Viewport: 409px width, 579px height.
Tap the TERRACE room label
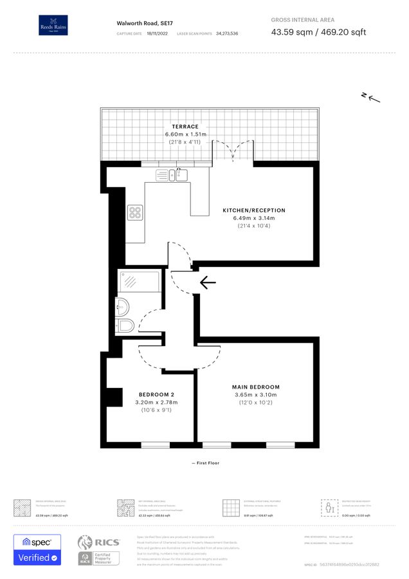click(x=185, y=127)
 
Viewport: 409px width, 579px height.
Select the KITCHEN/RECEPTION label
click(x=254, y=210)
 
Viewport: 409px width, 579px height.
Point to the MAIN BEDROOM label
click(x=256, y=387)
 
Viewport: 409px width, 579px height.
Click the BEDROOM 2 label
click(x=157, y=394)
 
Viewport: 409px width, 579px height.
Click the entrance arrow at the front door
click(x=208, y=282)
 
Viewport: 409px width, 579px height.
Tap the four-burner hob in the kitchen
click(x=135, y=213)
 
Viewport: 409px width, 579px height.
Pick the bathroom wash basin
click(x=123, y=306)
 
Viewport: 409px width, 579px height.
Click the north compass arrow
click(x=371, y=98)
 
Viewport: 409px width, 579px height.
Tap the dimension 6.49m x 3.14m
click(x=254, y=218)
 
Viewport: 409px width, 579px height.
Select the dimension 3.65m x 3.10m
click(x=256, y=394)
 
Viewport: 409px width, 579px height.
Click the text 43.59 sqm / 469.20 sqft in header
click(x=318, y=32)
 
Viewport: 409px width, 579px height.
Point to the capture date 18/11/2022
click(x=156, y=33)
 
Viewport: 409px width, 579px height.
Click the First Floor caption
click(x=205, y=463)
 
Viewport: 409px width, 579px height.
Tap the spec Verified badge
click(x=37, y=550)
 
